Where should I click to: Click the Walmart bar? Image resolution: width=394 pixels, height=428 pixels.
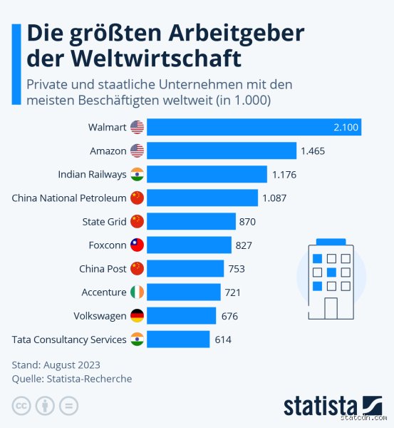[254, 127]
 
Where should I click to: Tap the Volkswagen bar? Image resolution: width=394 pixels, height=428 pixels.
[182, 315]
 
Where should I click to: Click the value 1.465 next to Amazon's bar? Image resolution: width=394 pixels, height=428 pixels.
[312, 151]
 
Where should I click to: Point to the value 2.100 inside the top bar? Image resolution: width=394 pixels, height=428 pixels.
[346, 127]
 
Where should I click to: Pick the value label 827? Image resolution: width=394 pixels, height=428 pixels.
[243, 245]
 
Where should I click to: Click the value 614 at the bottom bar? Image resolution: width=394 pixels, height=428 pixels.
[223, 339]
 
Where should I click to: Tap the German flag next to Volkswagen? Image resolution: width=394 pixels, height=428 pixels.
[138, 315]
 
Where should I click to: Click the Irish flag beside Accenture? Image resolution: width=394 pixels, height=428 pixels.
[138, 292]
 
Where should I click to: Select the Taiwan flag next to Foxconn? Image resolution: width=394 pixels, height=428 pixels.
[138, 245]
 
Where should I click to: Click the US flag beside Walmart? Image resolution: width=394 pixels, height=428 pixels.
[138, 127]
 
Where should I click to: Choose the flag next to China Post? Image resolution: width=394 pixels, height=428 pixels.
[138, 268]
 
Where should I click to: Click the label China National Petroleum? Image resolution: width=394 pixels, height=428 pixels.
[69, 198]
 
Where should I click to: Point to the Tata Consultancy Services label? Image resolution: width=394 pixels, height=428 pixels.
[69, 339]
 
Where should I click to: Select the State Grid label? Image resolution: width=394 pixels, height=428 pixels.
[105, 221]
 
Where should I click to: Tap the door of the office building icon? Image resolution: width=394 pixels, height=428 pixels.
[331, 307]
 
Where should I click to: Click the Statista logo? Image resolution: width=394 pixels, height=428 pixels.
[333, 405]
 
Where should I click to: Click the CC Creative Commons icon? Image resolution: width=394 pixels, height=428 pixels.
[21, 406]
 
